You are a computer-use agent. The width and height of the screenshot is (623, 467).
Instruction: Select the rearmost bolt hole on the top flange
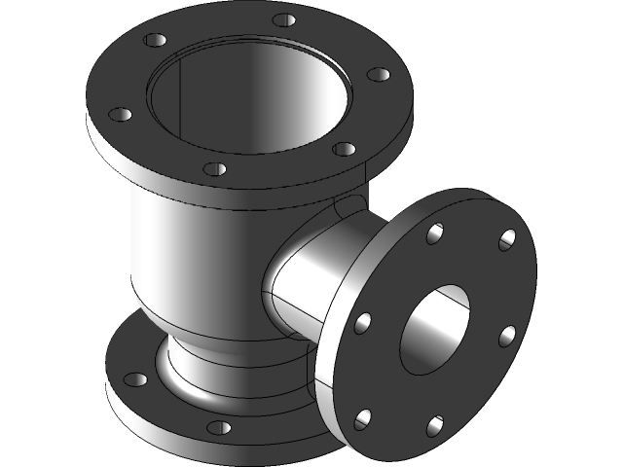pos(282,18)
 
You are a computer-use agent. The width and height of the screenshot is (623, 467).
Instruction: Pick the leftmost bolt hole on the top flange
pos(120,115)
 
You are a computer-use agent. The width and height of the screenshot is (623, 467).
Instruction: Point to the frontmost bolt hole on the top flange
pos(215,169)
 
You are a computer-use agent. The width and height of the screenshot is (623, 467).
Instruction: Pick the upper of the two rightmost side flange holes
pos(507,238)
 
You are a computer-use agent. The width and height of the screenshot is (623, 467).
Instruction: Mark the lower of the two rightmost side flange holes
pos(507,335)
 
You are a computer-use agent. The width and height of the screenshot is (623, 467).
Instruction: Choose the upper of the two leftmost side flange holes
pos(364,323)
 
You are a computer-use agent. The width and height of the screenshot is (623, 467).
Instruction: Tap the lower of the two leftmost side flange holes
pos(363,418)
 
